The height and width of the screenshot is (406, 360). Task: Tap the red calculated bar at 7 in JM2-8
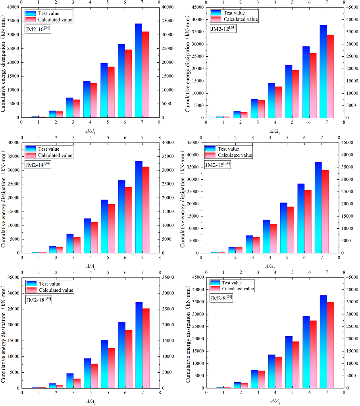[330, 345]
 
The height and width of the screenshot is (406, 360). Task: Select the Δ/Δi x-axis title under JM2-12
[275, 131]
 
